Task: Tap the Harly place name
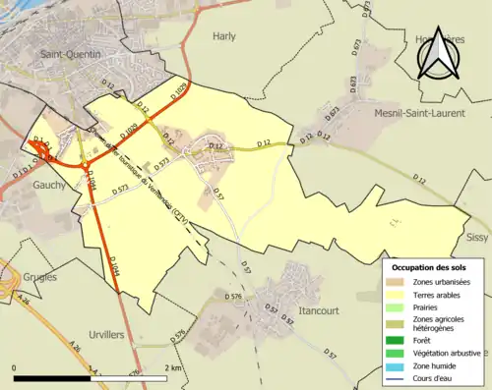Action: coord(224,36)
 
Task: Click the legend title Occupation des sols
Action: coord(430,267)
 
